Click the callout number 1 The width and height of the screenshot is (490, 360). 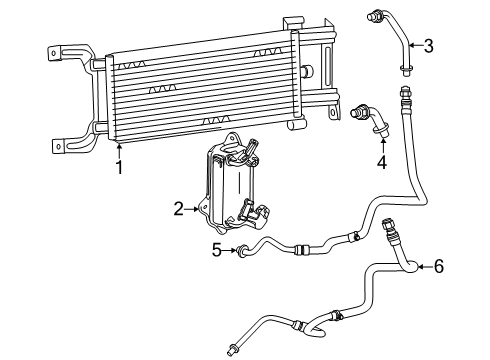[x=118, y=167]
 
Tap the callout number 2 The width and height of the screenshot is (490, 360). [x=178, y=209]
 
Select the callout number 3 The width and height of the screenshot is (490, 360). [x=428, y=44]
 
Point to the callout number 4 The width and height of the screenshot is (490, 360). [x=381, y=161]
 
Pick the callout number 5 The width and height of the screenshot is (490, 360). [x=216, y=249]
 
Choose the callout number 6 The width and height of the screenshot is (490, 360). [x=437, y=266]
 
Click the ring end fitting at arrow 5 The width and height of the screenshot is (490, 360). [x=241, y=250]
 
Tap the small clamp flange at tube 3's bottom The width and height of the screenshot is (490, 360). [x=406, y=68]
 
